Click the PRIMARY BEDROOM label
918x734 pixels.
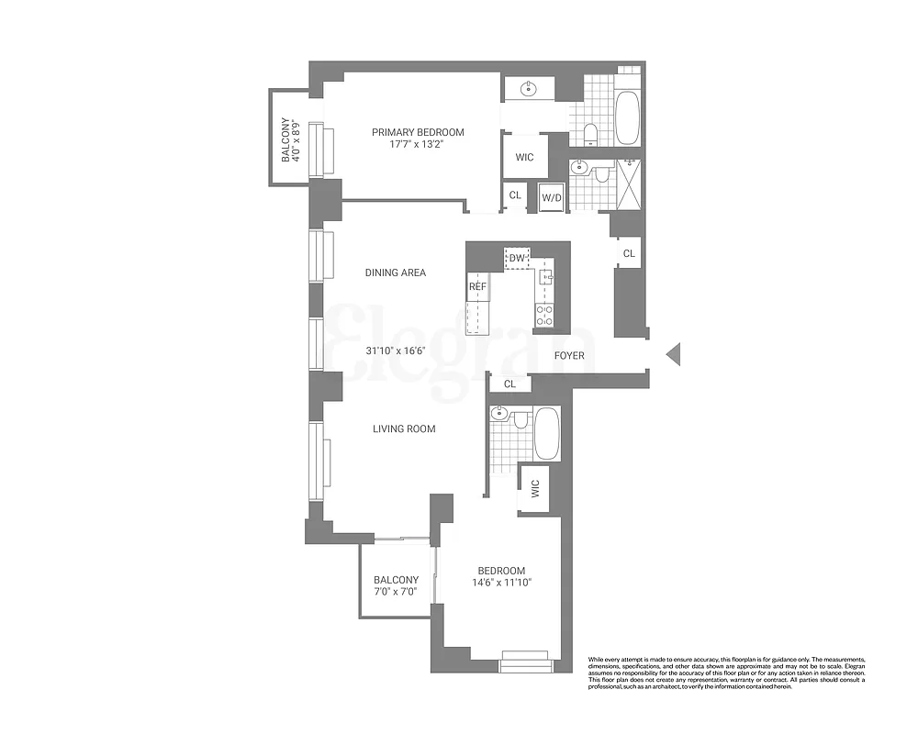[x=418, y=132]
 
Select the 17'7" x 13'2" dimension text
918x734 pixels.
[x=418, y=145]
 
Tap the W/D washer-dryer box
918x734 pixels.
[x=552, y=196]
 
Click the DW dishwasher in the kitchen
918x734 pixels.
[x=517, y=259]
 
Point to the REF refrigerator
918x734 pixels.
[x=477, y=287]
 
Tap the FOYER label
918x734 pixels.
[x=569, y=355]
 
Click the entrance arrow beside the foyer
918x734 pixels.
[x=674, y=354]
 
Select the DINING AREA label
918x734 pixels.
[x=395, y=272]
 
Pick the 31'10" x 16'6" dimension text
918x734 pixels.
[x=395, y=351]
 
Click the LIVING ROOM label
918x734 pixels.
[x=403, y=428]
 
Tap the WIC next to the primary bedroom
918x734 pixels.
[x=524, y=157]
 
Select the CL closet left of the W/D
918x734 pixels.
[x=515, y=195]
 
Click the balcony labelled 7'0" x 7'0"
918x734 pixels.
[x=396, y=584]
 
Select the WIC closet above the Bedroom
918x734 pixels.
[x=535, y=489]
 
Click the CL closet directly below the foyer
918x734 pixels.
[x=509, y=384]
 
